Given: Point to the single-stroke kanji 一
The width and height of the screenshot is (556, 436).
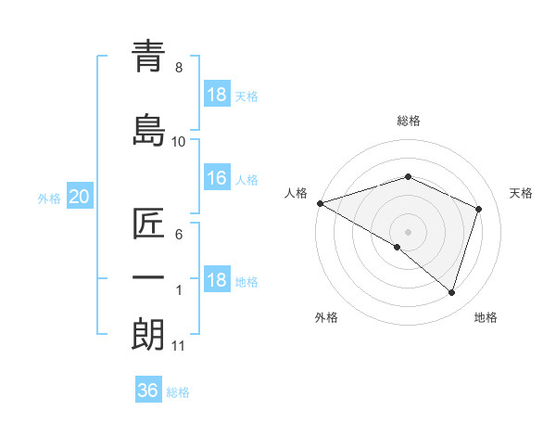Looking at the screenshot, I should click(148, 277).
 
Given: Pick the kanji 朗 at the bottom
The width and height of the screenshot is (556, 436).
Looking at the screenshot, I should click(148, 333).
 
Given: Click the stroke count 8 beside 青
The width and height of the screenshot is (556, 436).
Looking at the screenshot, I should click(178, 68).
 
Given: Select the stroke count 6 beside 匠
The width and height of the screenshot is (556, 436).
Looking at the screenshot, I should click(178, 235).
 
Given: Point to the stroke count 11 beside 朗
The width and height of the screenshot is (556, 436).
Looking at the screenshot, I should click(178, 346).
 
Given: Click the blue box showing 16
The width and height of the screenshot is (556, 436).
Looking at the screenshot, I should click(216, 179).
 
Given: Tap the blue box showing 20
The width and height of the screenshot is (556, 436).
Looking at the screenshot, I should click(79, 197).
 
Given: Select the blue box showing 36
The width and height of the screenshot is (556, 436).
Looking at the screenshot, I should click(147, 391).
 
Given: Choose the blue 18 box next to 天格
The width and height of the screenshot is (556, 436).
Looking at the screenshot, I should click(216, 95).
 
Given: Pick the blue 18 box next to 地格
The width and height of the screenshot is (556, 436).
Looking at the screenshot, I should click(216, 281).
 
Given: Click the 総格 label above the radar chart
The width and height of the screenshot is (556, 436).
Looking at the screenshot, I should click(408, 121).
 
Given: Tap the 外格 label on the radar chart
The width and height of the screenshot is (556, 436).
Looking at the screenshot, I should click(326, 317).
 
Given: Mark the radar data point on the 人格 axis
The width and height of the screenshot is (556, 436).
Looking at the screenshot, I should click(320, 203).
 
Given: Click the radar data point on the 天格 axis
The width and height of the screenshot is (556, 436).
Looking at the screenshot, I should click(479, 209).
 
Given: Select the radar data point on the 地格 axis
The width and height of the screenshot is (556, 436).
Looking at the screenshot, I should click(452, 293).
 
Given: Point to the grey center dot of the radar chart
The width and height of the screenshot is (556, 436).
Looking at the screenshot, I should click(408, 231).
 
